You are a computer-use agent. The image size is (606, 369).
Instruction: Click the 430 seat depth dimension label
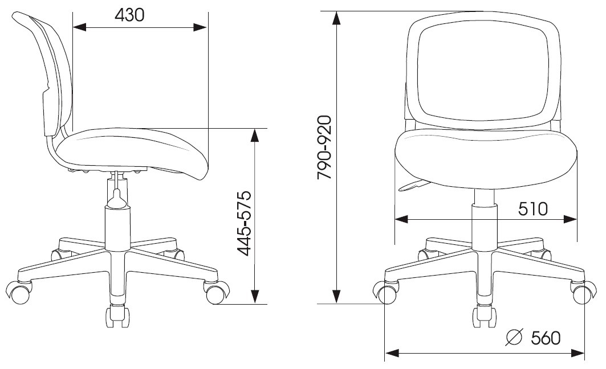[129, 15]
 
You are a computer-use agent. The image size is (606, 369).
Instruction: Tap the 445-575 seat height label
[244, 223]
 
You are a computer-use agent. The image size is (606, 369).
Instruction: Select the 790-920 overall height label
[324, 147]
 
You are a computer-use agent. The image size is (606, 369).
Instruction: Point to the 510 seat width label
[533, 209]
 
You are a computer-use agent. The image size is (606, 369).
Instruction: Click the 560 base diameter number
[546, 338]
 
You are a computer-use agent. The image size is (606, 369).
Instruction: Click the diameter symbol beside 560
[514, 338]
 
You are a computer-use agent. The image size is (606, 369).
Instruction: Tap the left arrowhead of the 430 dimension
[79, 27]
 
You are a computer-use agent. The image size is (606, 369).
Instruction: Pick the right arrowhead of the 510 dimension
[570, 219]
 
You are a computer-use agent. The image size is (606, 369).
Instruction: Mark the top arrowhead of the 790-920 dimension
[337, 19]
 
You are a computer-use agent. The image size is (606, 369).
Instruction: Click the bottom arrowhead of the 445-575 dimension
[255, 297]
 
